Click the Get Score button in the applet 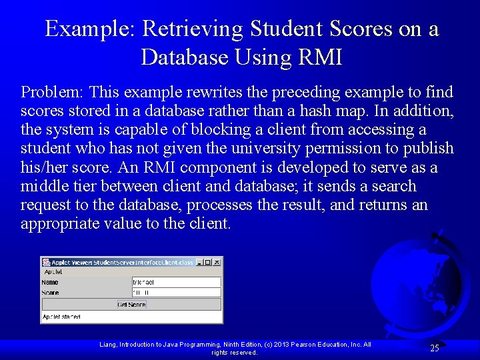tap(131, 305)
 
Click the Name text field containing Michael tap(176, 283)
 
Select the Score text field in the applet tap(176, 293)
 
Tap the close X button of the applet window tap(217, 262)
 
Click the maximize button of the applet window tap(208, 262)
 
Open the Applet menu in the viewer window tap(53, 272)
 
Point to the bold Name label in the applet tap(50, 283)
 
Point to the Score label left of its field tap(51, 293)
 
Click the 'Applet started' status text tap(62, 317)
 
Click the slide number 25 tap(434, 348)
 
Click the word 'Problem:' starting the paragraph tap(53, 92)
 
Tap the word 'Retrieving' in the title tap(193, 29)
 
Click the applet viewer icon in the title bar tap(46, 262)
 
